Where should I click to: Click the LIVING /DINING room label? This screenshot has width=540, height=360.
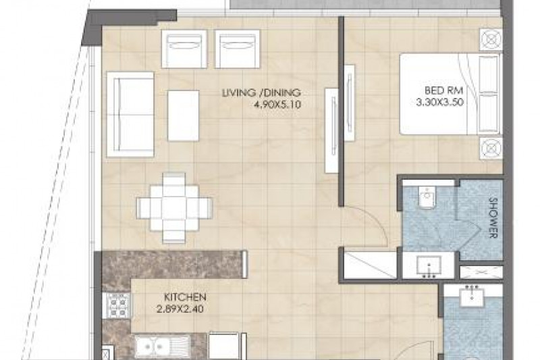click(x=261, y=93)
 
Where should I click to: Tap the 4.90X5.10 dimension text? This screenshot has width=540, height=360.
click(x=277, y=105)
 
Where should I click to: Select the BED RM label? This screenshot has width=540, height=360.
click(x=443, y=91)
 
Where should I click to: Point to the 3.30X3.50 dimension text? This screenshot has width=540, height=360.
click(x=440, y=102)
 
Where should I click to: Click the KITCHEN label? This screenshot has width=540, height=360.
click(x=185, y=297)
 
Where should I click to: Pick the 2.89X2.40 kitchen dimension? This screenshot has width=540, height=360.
click(x=180, y=309)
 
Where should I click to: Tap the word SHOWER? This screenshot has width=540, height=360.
click(x=493, y=218)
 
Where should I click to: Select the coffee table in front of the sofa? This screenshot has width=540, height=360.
click(x=183, y=115)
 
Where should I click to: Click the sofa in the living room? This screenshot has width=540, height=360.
click(x=130, y=114)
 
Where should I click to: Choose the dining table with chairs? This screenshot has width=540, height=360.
click(x=174, y=208)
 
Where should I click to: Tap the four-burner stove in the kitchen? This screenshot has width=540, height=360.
click(x=117, y=305)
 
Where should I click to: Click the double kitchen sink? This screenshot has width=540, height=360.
click(x=162, y=346)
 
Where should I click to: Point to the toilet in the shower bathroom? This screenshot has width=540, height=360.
click(x=427, y=197)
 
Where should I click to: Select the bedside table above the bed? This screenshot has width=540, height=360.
click(x=491, y=41)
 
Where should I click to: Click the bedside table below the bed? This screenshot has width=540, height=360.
click(x=491, y=148)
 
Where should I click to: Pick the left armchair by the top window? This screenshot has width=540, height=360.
click(x=184, y=49)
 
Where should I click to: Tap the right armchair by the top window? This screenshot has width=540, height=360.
click(x=237, y=49)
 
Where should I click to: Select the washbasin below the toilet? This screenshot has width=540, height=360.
click(x=429, y=266)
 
